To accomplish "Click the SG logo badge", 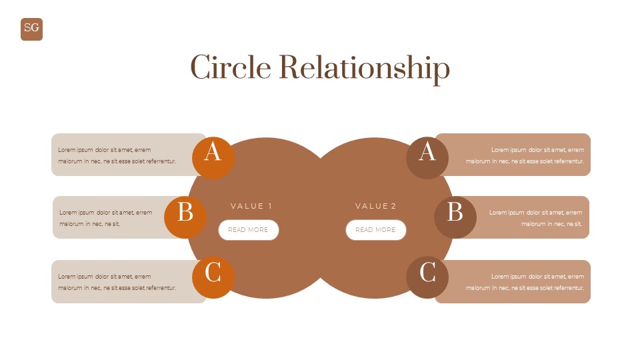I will (31, 29).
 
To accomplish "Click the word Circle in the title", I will (230, 68).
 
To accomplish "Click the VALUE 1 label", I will (251, 206).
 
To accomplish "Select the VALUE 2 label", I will (376, 206).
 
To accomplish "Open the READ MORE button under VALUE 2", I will (375, 230).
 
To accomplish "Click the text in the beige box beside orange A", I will (117, 155).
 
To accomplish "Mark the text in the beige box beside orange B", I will (105, 218).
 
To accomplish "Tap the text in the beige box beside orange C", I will (117, 282).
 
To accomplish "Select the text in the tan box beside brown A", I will (525, 155).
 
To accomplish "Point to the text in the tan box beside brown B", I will (536, 218).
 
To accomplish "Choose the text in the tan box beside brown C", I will (525, 282).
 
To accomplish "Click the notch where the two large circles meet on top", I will (321, 159).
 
